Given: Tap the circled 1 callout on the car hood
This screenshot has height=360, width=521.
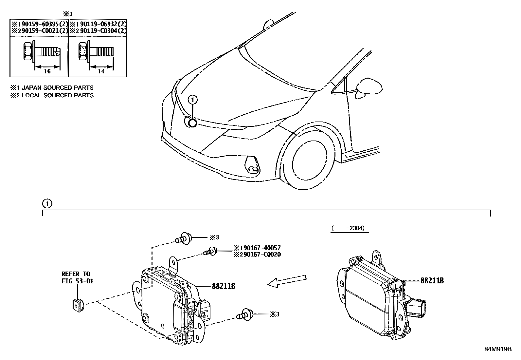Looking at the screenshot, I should pyautogui.click(x=193, y=100).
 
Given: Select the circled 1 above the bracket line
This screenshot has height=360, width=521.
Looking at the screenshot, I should pyautogui.click(x=47, y=204).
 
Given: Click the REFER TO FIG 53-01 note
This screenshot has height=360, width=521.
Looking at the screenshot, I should pyautogui.click(x=78, y=277).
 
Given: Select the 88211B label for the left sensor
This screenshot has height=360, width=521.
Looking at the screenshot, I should pyautogui.click(x=224, y=286).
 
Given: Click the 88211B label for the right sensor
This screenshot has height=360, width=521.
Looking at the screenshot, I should pyautogui.click(x=432, y=281).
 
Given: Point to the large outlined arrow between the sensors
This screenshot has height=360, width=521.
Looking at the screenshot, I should pyautogui.click(x=287, y=282).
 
